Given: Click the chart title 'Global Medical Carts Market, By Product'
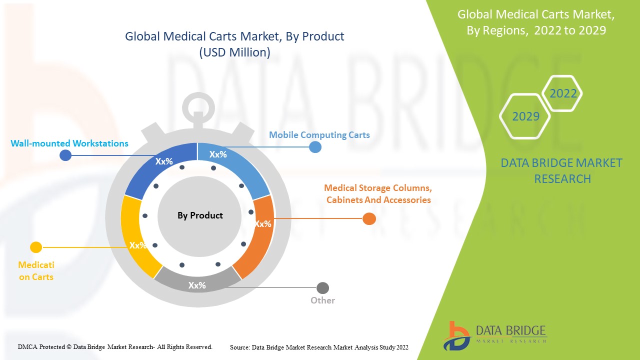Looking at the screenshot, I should (234, 36).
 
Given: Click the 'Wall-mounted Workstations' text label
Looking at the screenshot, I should (69, 143).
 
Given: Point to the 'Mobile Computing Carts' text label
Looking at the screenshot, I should (319, 135).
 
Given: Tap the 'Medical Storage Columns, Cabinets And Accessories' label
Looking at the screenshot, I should (378, 194).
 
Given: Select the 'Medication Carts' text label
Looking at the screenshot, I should (36, 270).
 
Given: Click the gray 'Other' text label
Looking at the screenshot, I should (322, 300).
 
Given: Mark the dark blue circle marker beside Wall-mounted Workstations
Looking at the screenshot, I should (65, 155).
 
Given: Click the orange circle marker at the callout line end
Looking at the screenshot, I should (369, 218).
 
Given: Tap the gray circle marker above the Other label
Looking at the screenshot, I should (322, 288).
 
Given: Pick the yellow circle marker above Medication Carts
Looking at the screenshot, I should (36, 247).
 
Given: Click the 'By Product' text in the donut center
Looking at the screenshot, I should (200, 215).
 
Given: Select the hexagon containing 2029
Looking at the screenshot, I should (525, 116).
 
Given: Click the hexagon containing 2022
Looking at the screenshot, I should (563, 93).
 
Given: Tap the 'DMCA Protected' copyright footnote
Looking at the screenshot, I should (115, 346).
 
